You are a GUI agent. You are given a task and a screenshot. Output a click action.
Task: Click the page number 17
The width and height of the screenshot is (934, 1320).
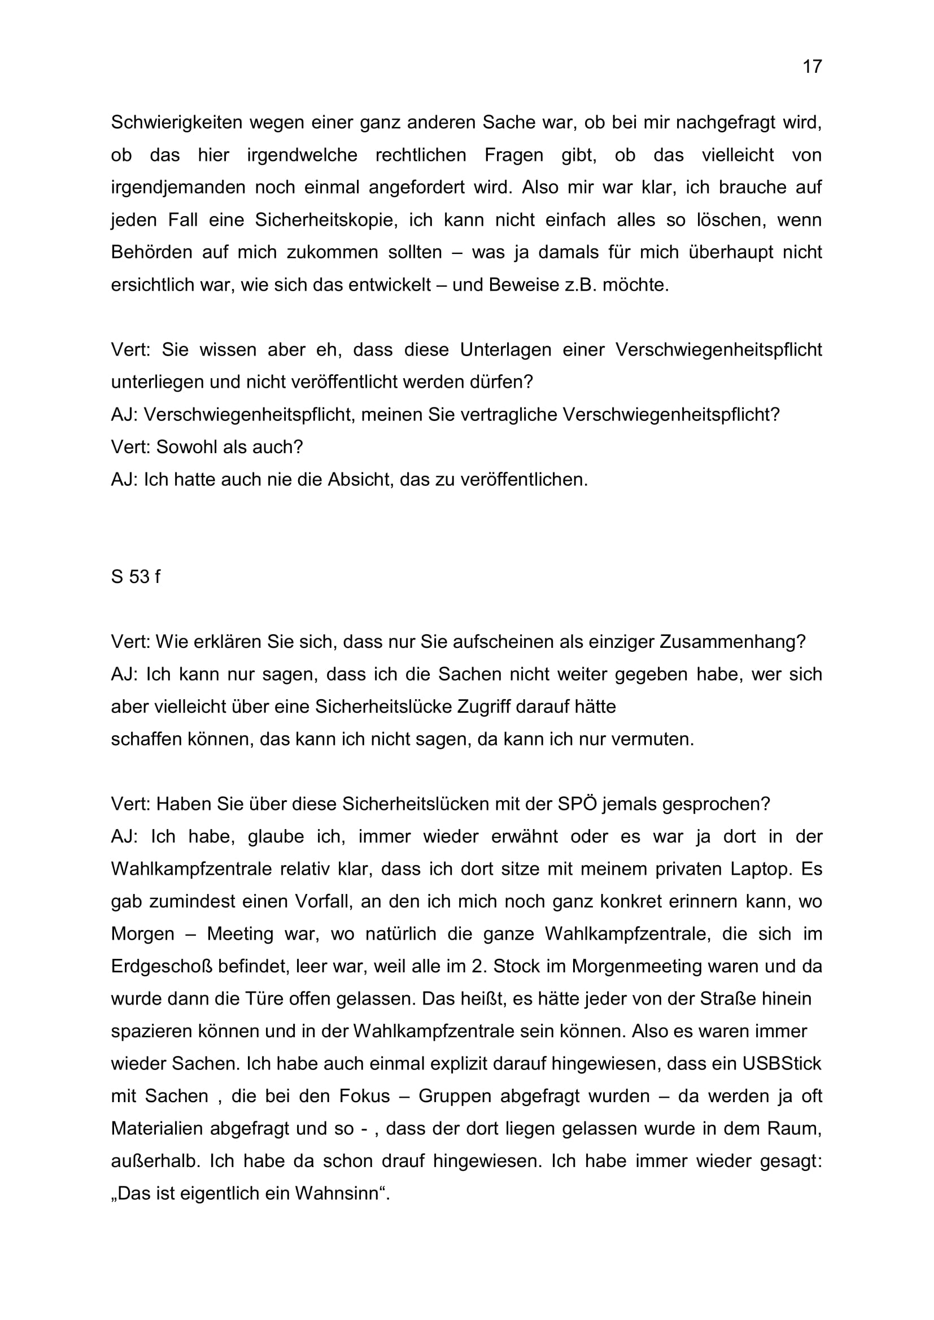tap(812, 67)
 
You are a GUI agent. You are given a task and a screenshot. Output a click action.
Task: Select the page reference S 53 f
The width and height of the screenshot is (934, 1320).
tap(136, 577)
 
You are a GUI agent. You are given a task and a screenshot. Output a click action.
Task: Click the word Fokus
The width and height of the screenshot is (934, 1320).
tap(365, 1096)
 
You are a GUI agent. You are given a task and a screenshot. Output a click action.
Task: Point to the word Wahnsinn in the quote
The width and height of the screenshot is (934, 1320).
tap(339, 1194)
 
